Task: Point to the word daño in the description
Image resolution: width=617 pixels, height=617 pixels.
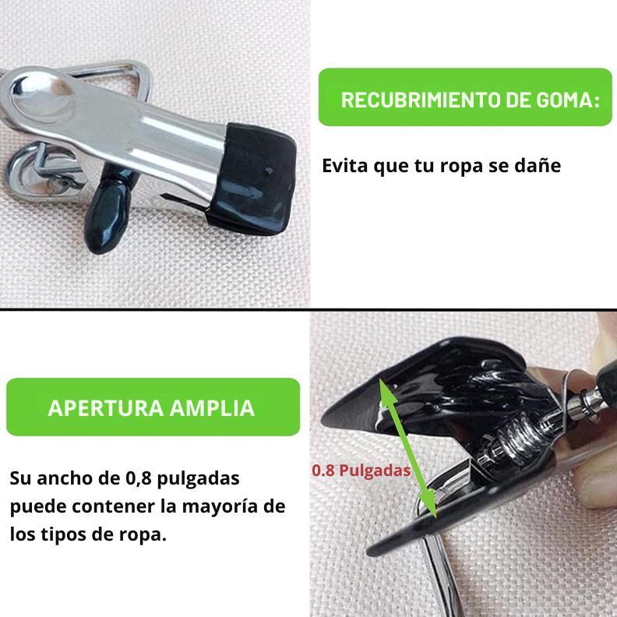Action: pos(539,166)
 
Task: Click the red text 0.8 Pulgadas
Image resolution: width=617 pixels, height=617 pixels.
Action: pos(361,471)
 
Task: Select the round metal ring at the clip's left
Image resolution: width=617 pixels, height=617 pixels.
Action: pos(35,171)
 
